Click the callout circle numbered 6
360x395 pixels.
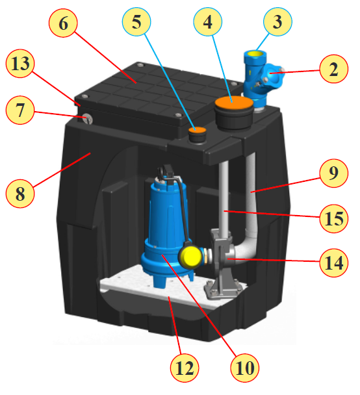pos(63,23)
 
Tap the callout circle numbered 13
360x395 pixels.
pos(20,63)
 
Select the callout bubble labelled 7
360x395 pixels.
pos(20,110)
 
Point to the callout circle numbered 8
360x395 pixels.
pos(20,194)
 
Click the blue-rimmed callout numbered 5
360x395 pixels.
pos(136,21)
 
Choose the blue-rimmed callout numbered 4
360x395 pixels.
pos(207,21)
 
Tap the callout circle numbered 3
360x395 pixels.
pos(277,21)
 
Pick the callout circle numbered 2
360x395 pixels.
pos(334,69)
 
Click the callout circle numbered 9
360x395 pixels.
pos(334,173)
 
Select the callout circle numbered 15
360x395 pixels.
pos(334,218)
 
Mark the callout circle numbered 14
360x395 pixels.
pos(334,262)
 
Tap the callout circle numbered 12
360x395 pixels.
pos(185,368)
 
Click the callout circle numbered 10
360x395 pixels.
pos(244,368)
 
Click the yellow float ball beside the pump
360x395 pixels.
pos(192,257)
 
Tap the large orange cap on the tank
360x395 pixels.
pos(234,103)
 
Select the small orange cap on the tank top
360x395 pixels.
pos(198,131)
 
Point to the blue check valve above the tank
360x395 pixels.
pos(261,78)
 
